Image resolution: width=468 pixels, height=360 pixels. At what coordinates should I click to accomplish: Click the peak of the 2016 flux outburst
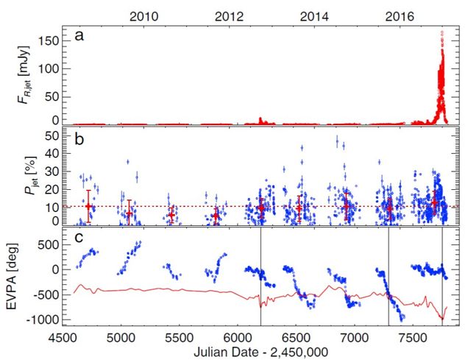click(x=442, y=32)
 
